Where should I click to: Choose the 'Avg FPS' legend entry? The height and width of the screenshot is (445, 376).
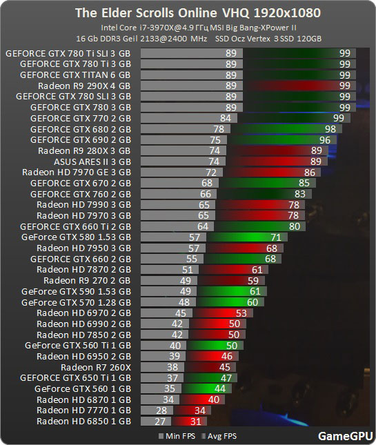pos(220,436)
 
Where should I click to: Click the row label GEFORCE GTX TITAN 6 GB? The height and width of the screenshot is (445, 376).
pos(75,75)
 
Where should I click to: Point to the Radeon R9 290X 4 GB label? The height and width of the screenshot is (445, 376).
pos(84,86)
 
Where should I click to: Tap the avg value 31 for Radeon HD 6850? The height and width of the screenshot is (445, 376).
pos(195,421)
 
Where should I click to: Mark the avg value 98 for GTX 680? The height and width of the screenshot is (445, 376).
pos(330,129)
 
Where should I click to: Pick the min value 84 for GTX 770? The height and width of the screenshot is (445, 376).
pos(224,118)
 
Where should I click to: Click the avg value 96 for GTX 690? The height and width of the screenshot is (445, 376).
pos(324,139)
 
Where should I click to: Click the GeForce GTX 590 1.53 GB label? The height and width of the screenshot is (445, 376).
pos(76,291)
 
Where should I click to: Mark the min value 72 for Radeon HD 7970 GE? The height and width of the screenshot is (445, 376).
pos(211,172)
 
